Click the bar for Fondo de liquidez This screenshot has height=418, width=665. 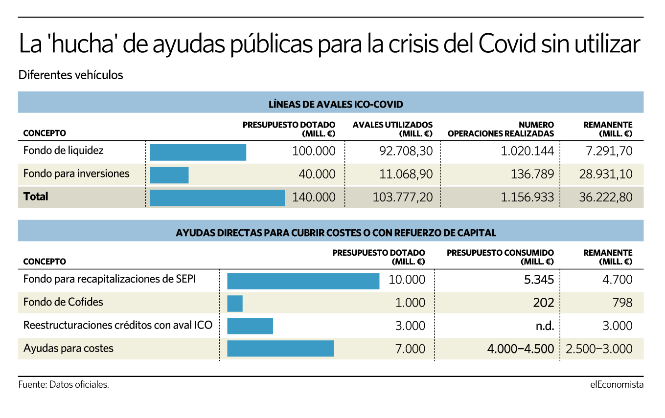point(198,152)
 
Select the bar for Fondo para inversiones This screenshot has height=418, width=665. point(169,175)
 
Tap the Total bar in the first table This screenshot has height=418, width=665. point(217,198)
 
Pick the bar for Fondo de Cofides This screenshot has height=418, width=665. point(235,304)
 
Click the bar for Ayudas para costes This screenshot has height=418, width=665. point(280,348)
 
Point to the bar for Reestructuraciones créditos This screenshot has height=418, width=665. point(250,326)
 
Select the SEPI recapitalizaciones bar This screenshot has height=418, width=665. point(303,281)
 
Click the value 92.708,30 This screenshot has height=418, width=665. point(406,151)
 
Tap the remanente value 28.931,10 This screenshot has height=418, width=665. point(606,174)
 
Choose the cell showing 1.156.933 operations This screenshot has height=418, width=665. point(527,198)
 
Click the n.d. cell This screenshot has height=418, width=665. point(545,326)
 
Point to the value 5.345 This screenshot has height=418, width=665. point(539,280)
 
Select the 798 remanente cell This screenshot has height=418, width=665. point(622,303)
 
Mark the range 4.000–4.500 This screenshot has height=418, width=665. point(521,349)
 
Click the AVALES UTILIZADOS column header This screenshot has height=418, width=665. point(392,129)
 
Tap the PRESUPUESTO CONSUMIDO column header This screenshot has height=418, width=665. point(500,257)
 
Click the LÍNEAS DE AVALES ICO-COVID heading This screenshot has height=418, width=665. point(336,105)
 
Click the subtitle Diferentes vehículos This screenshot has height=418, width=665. point(70,75)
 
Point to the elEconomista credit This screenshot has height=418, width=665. point(617,385)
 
